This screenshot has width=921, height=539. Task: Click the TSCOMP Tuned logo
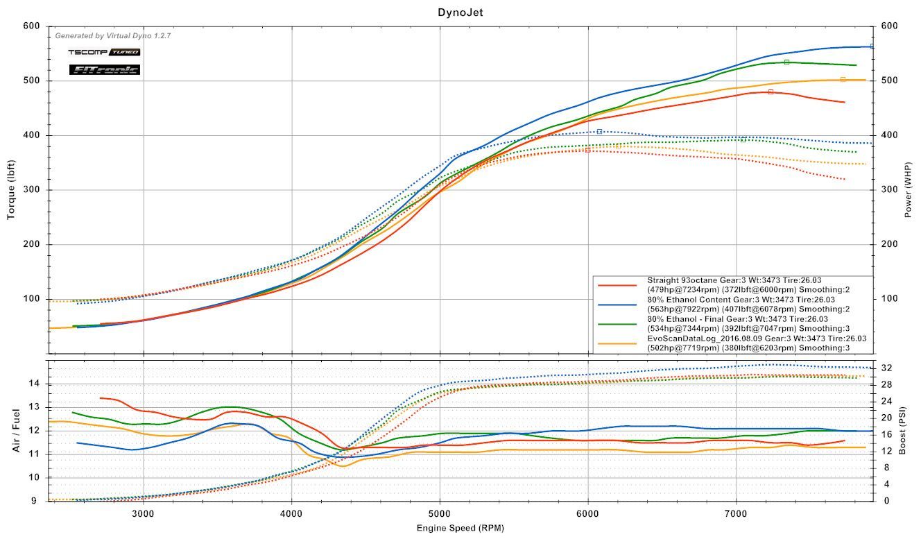[x=104, y=52]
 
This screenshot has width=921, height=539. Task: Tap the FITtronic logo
[x=105, y=69]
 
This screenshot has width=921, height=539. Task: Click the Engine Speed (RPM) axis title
[x=460, y=528]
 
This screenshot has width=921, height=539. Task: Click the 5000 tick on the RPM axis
[x=440, y=514]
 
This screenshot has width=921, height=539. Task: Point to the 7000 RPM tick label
[x=736, y=514]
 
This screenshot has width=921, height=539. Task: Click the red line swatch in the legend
[x=617, y=285]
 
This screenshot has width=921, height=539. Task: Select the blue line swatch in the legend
[x=617, y=305]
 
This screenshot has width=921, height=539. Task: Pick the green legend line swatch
[x=617, y=324]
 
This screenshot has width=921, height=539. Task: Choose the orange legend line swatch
[x=617, y=343]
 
